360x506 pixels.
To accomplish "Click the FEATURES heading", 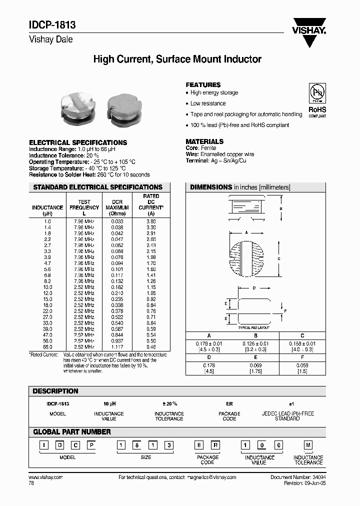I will click(x=203, y=85).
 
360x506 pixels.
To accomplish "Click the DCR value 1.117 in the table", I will click(x=117, y=346).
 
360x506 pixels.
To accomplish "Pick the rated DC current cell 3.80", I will click(x=150, y=221).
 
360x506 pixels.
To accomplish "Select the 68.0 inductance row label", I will click(x=47, y=346).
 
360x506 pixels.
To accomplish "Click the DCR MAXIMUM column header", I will click(x=117, y=207).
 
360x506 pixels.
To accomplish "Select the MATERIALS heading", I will click(x=204, y=141).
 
